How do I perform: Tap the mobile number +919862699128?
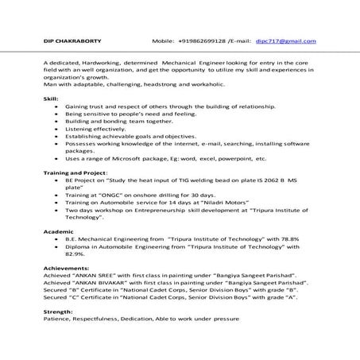[202, 41]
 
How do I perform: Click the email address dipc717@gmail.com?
[292, 41]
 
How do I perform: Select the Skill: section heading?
[51, 98]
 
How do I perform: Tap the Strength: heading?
[58, 310]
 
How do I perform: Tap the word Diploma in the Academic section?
[83, 246]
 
